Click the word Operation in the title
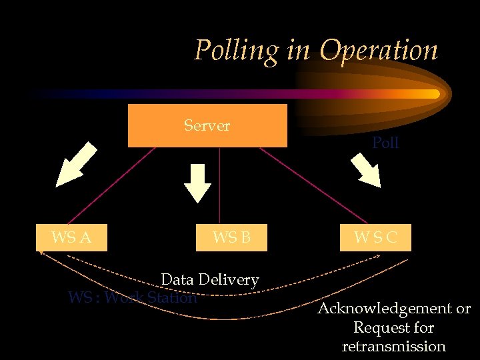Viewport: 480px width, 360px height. (x=378, y=51)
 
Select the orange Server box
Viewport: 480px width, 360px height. (x=207, y=137)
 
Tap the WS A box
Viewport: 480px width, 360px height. (x=71, y=237)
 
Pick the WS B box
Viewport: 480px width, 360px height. (x=231, y=237)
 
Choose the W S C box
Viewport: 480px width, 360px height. (x=375, y=237)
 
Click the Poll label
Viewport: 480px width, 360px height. (x=385, y=143)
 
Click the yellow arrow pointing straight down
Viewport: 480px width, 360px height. (x=197, y=181)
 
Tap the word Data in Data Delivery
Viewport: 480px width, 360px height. (x=177, y=279)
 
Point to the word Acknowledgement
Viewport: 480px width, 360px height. (x=385, y=309)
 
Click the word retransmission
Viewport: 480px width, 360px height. (x=393, y=346)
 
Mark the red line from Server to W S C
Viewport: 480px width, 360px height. (x=313, y=186)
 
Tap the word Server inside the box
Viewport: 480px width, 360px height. (x=207, y=125)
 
